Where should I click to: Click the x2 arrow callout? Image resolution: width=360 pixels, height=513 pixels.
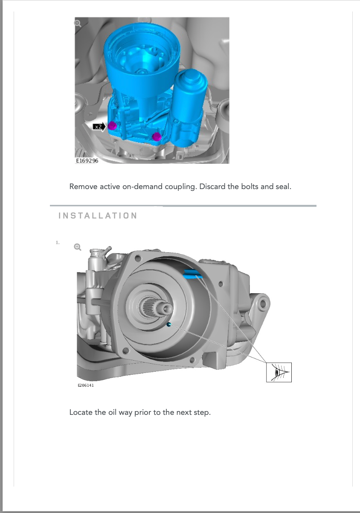99,127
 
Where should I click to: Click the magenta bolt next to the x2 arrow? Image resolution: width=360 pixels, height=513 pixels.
112,126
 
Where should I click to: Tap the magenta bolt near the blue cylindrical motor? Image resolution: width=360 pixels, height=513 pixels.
157,137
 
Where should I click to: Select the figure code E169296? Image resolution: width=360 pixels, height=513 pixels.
87,161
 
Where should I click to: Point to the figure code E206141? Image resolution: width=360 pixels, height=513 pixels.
86,385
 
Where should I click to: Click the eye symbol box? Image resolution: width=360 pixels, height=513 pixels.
279,372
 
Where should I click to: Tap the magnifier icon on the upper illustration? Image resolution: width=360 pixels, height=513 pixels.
78,23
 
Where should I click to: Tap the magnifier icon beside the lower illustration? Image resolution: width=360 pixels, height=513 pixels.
78,247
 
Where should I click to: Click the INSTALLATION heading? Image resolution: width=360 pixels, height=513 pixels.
98,216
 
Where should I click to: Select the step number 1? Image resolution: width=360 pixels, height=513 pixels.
58,242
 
